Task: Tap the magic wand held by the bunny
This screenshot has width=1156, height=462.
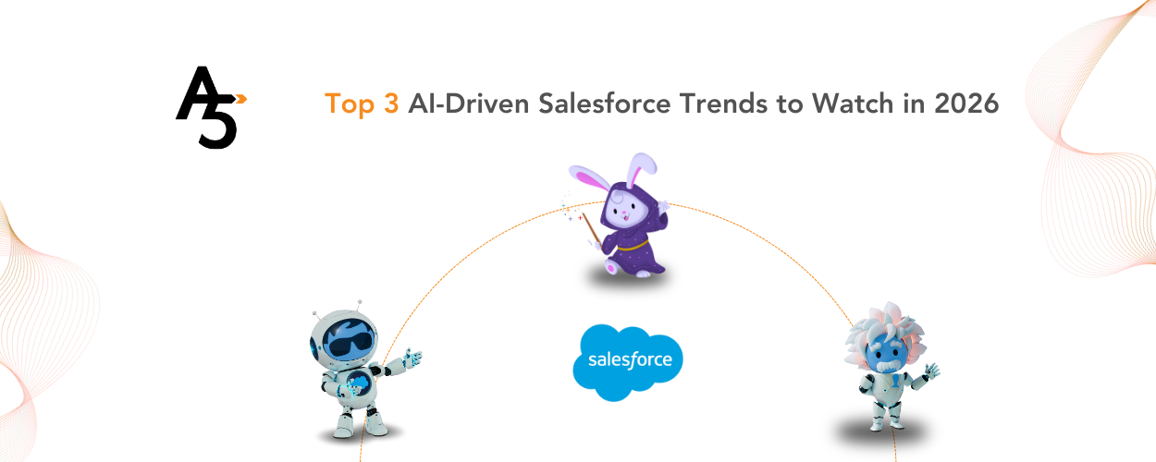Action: pyautogui.click(x=591, y=228)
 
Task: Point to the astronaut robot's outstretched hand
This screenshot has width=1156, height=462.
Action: pyautogui.click(x=412, y=358)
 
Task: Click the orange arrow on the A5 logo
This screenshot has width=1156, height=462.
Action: pyautogui.click(x=240, y=96)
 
